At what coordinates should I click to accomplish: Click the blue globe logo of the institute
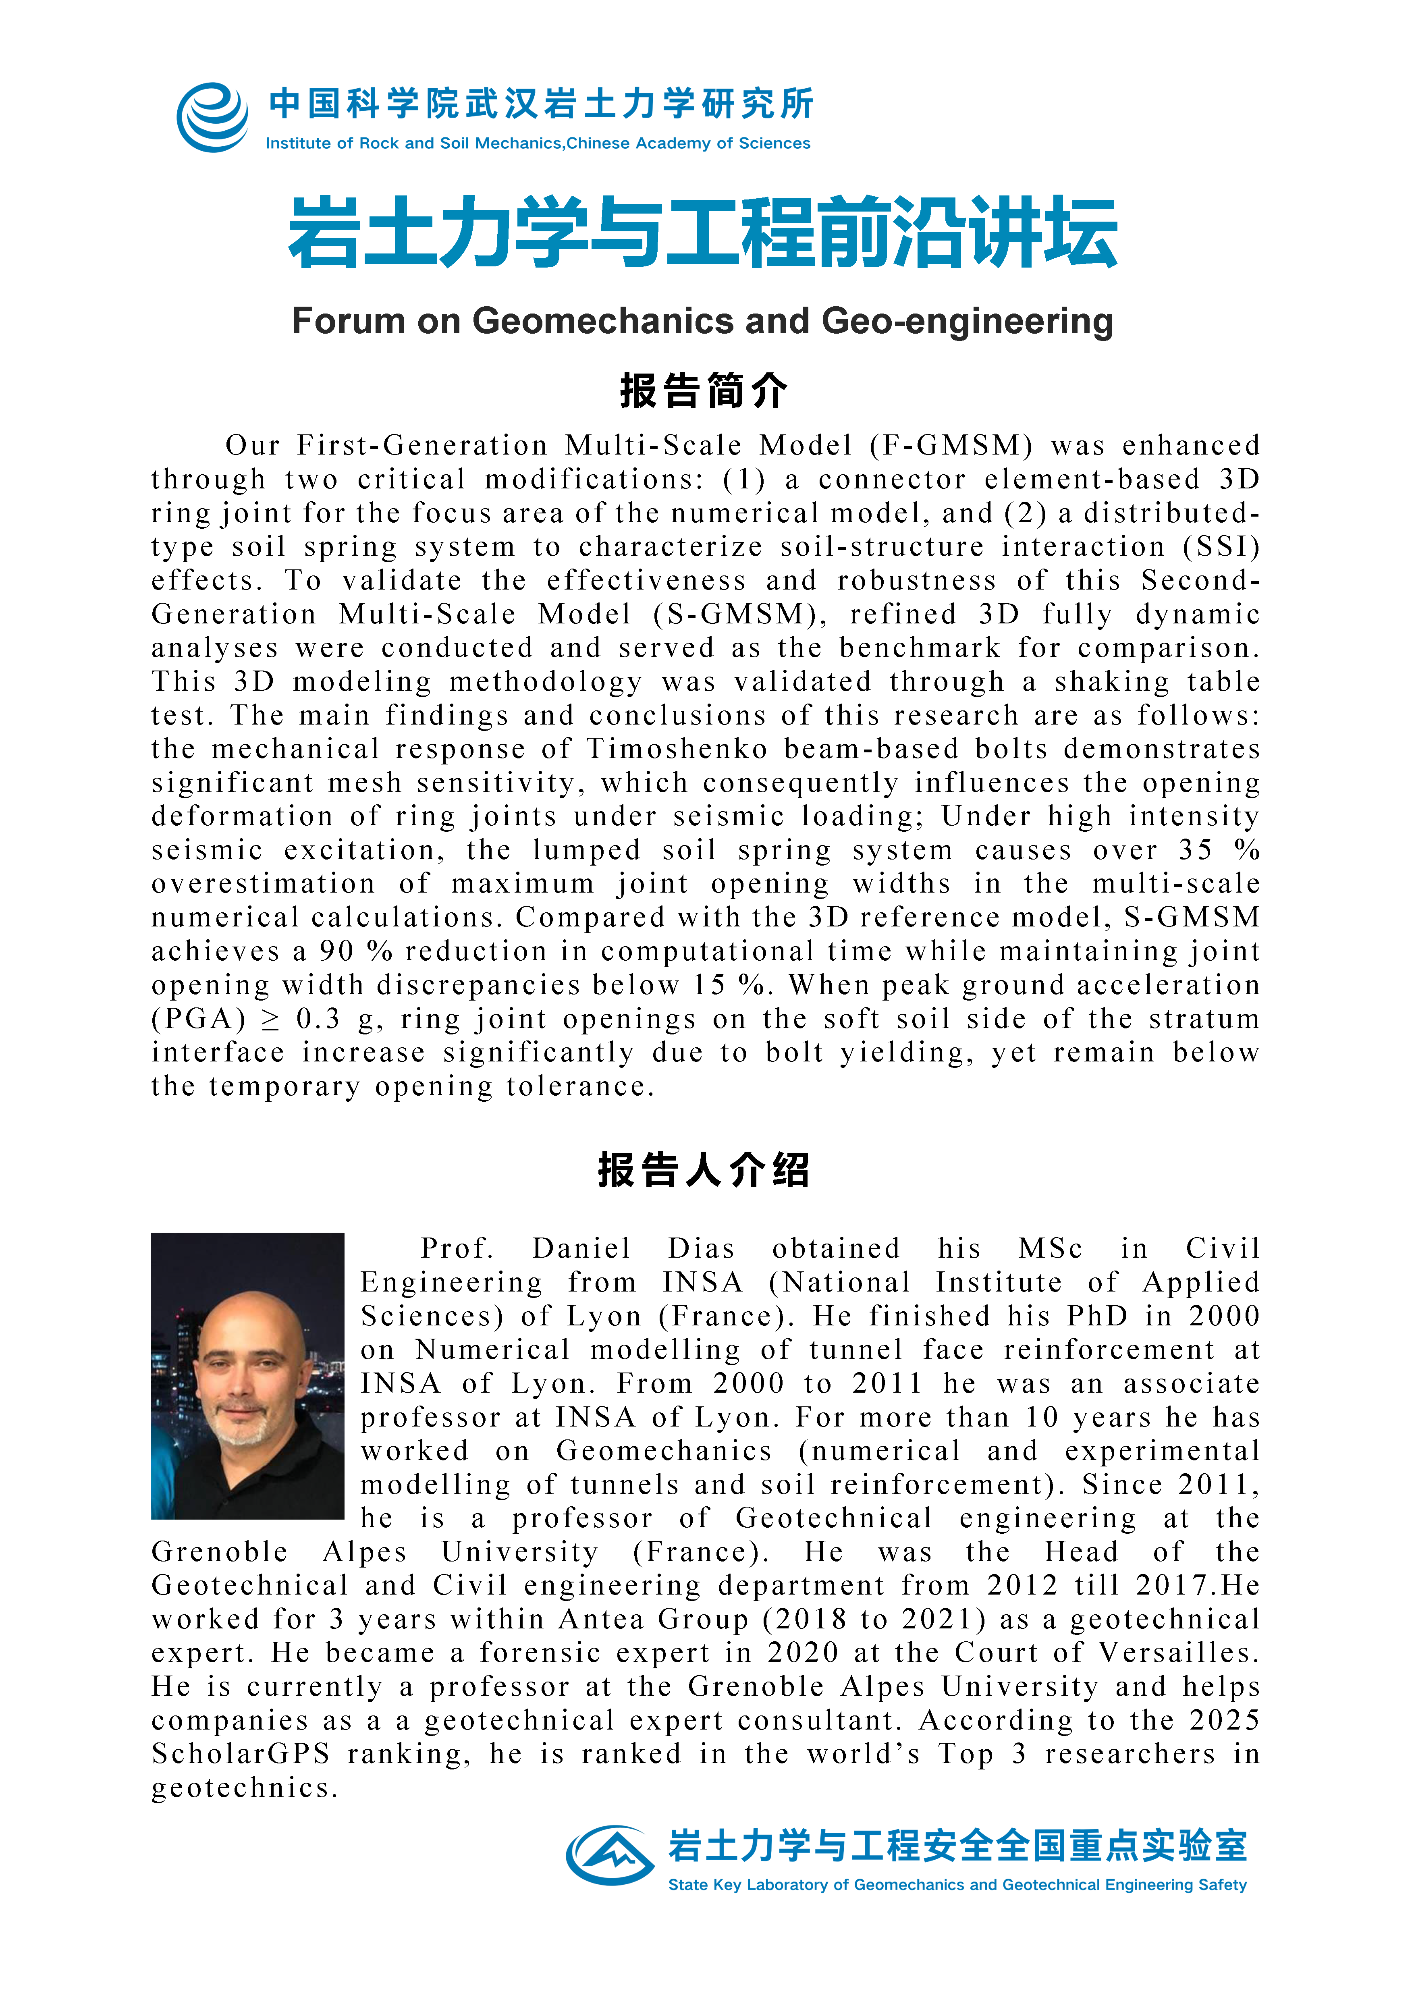pos(212,117)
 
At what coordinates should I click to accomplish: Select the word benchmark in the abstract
pos(920,648)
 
